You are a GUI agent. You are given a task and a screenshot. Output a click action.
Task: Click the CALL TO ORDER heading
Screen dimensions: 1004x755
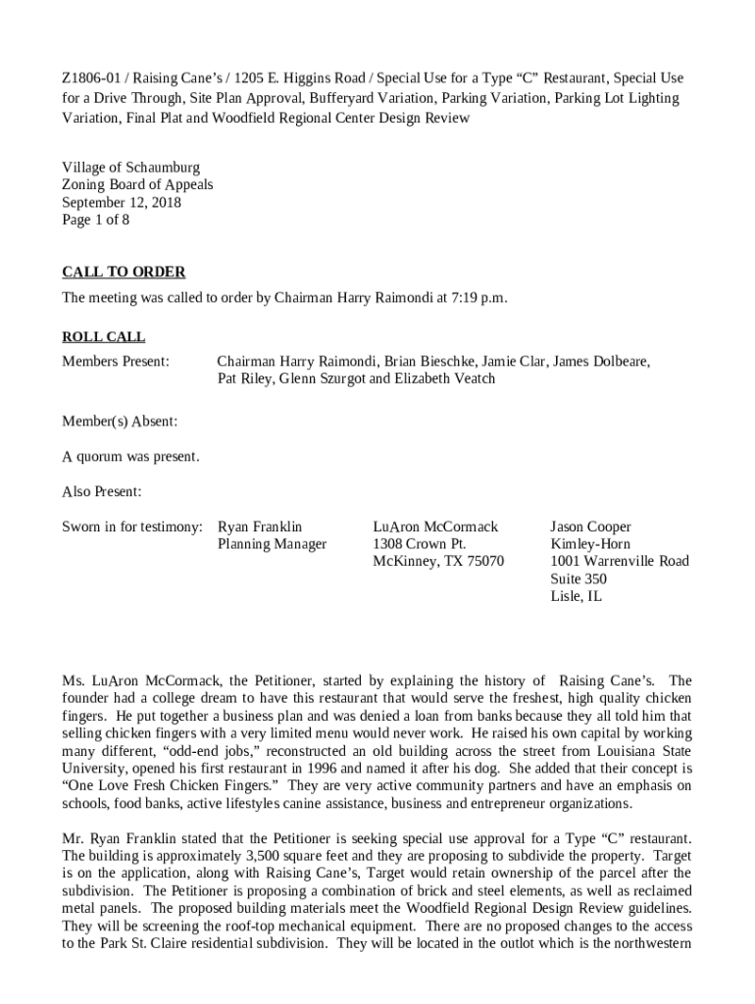click(x=124, y=272)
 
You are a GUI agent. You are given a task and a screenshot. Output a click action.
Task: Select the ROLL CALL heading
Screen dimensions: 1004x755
click(x=104, y=337)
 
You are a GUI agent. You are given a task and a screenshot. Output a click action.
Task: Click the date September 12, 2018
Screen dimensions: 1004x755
click(x=122, y=203)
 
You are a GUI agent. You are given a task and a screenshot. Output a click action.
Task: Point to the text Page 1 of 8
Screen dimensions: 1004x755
click(x=95, y=220)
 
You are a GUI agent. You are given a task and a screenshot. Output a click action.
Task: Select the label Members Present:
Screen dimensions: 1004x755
click(x=116, y=362)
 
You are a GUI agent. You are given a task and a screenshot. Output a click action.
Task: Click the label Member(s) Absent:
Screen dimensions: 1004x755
click(x=120, y=422)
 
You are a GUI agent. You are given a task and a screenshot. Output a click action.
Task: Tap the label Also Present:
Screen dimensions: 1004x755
click(x=102, y=491)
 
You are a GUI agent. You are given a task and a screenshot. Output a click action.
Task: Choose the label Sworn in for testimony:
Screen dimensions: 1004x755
click(x=132, y=527)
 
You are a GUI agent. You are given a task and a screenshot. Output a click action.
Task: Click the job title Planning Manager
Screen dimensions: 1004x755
click(x=272, y=544)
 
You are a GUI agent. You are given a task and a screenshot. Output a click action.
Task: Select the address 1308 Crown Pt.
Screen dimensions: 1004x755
click(x=420, y=544)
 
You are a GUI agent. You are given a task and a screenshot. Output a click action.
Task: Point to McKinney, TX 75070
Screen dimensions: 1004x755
click(x=438, y=561)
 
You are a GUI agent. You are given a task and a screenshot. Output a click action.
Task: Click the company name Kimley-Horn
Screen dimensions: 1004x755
click(x=590, y=544)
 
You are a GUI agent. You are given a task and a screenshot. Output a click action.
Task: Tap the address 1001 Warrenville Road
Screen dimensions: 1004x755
click(x=620, y=561)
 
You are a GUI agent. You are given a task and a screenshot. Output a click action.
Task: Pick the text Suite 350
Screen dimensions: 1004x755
click(x=579, y=578)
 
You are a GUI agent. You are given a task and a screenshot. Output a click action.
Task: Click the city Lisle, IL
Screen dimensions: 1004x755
click(x=576, y=596)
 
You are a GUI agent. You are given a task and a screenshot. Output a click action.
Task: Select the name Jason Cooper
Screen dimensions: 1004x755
click(x=590, y=527)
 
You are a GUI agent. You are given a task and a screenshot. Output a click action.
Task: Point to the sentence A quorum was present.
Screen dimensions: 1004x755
click(x=130, y=457)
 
